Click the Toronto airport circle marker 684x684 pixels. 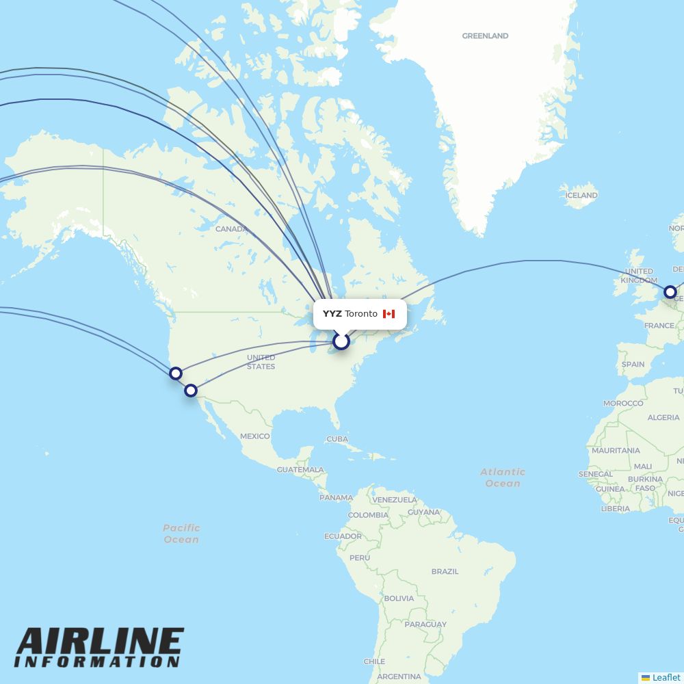(x=341, y=341)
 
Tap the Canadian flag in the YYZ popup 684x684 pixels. (x=389, y=314)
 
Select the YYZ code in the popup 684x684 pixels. (x=332, y=314)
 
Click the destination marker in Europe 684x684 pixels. (x=670, y=292)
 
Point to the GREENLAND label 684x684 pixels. (x=485, y=36)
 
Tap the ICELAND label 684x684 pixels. (x=581, y=196)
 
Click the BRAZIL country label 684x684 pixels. (x=445, y=571)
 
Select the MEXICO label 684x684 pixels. (x=254, y=436)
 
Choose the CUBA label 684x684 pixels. (x=337, y=439)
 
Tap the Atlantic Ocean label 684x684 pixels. (x=503, y=477)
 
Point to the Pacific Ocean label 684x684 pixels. (x=181, y=534)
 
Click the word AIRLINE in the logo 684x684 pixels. (x=100, y=642)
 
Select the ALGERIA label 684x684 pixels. (x=663, y=417)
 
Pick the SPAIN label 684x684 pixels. (x=633, y=365)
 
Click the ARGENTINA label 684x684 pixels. (x=399, y=676)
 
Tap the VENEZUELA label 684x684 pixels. (x=395, y=500)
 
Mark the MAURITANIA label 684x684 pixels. (x=616, y=451)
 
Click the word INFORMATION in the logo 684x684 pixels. (x=98, y=662)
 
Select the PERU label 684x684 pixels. (x=359, y=558)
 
